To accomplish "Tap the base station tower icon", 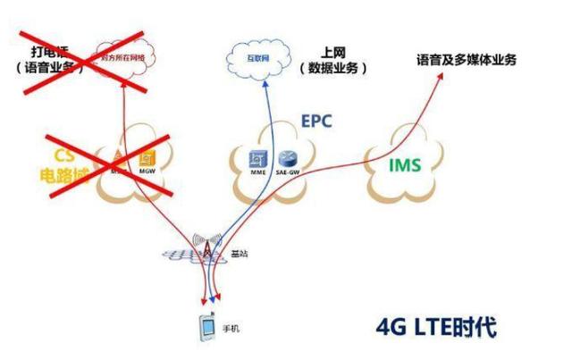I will (207, 251).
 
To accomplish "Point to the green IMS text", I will (404, 165).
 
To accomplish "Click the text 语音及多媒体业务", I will (467, 60).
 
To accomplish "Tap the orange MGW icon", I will (146, 160).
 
